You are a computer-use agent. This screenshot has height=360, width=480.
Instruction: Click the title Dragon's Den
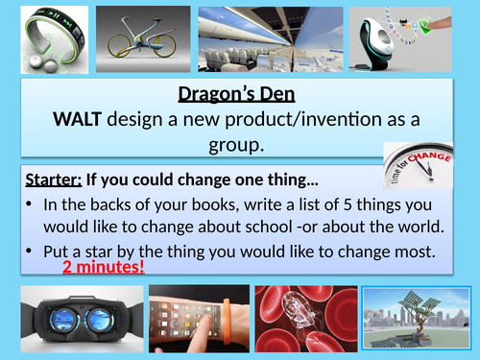click(x=241, y=94)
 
